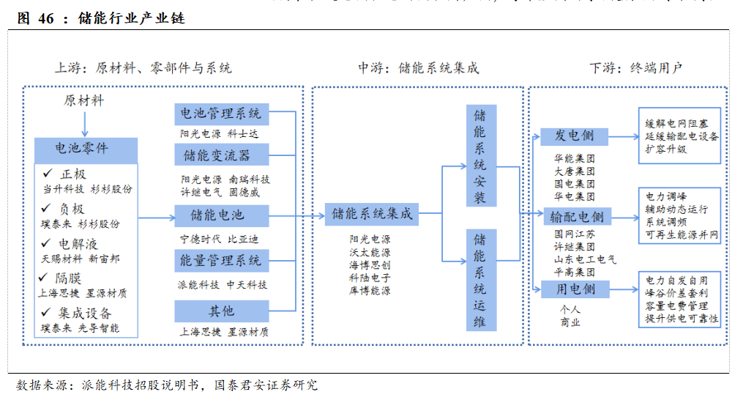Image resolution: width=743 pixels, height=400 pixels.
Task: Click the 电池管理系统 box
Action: pyautogui.click(x=220, y=114)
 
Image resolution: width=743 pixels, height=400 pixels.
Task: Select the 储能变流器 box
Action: pyautogui.click(x=220, y=155)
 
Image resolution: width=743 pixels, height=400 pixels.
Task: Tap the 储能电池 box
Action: pyautogui.click(x=220, y=215)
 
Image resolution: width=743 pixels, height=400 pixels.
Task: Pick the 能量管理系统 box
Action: pyautogui.click(x=220, y=261)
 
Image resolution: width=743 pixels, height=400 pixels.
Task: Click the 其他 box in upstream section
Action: pyautogui.click(x=220, y=311)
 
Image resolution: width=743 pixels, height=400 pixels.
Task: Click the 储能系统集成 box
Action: pyautogui.click(x=372, y=215)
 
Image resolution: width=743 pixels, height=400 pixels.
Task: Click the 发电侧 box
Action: pyautogui.click(x=575, y=136)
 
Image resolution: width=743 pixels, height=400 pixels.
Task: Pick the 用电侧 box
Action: pyautogui.click(x=575, y=289)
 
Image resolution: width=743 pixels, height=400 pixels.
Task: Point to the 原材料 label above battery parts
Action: pyautogui.click(x=83, y=101)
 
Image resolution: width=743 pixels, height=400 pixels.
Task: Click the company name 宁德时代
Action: pyautogui.click(x=198, y=239)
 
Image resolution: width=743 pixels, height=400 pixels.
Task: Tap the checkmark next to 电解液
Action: pyautogui.click(x=46, y=242)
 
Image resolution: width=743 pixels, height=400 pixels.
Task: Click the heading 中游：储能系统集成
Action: pyautogui.click(x=418, y=68)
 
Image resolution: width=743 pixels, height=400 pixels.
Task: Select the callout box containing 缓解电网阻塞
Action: pyautogui.click(x=681, y=136)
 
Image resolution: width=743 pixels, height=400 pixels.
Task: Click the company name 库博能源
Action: pyautogui.click(x=370, y=290)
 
